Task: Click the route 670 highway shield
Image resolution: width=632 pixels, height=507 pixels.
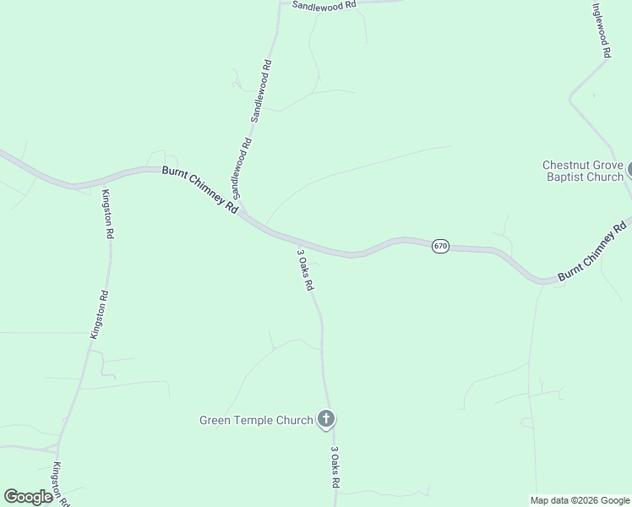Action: [x=440, y=246]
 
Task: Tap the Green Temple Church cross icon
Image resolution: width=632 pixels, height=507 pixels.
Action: [x=326, y=419]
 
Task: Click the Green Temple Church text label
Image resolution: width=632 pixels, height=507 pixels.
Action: [x=255, y=420]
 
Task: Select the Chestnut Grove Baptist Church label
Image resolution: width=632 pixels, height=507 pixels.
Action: [x=582, y=171]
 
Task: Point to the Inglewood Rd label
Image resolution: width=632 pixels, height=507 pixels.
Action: [x=601, y=30]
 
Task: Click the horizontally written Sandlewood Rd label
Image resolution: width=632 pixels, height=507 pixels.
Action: [x=324, y=5]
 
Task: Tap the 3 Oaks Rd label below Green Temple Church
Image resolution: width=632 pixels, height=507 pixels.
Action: [x=335, y=467]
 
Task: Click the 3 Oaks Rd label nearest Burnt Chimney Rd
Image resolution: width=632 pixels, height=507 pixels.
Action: [x=305, y=270]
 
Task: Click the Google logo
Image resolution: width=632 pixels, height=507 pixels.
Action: [x=28, y=497]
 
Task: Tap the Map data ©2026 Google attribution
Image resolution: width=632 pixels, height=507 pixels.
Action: [x=580, y=500]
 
